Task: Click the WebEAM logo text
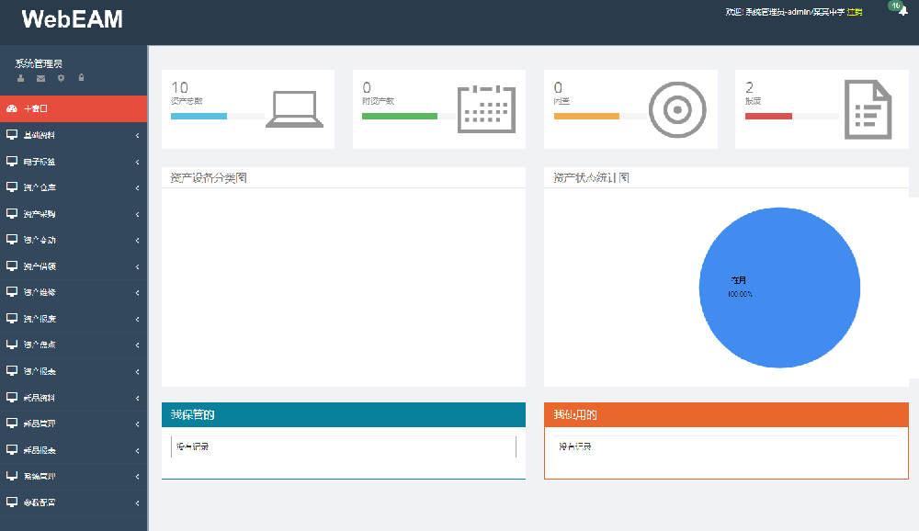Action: [73, 19]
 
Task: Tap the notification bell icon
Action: [902, 12]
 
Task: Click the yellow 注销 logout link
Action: [855, 12]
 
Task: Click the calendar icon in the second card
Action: [485, 109]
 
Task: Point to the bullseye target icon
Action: [677, 109]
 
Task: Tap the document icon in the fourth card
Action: [868, 109]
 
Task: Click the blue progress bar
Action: [199, 117]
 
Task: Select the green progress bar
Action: [399, 117]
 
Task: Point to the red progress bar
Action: [768, 117]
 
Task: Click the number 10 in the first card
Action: [180, 88]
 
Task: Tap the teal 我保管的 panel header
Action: [343, 415]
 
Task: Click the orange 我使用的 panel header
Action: [726, 415]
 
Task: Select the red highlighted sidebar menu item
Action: [74, 108]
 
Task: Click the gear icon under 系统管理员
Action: [62, 78]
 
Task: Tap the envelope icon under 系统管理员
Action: [40, 78]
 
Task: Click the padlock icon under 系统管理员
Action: [82, 78]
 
